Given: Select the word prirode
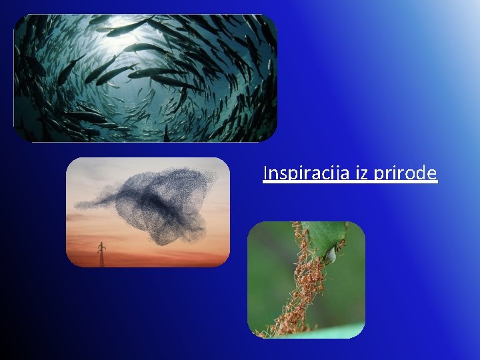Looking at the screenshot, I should (406, 173).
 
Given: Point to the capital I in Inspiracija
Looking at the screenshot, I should (266, 173).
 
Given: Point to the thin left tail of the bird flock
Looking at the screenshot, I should (90, 203).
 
